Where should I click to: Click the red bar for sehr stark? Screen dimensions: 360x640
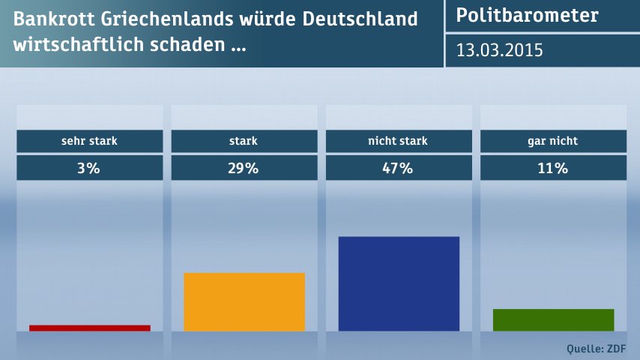tap(90, 328)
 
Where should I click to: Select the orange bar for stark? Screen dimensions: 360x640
tap(244, 301)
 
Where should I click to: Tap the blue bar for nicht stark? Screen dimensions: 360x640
tap(399, 283)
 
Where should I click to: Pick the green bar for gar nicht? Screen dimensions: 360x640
tap(553, 319)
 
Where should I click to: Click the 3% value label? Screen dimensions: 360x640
tap(89, 168)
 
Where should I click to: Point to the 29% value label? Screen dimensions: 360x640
tap(244, 168)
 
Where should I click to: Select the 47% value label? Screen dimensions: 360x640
tap(398, 168)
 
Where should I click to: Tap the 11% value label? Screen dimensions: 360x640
tap(552, 168)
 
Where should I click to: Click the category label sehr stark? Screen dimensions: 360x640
tap(89, 140)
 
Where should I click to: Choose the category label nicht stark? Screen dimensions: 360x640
tap(398, 140)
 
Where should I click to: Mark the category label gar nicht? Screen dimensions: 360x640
tap(552, 140)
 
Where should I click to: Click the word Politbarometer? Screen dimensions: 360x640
tap(527, 15)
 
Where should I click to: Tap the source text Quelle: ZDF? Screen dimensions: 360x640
tap(597, 348)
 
